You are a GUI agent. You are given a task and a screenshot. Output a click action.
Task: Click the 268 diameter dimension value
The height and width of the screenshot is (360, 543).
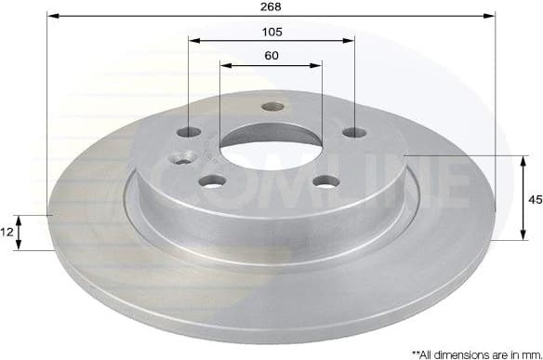pyautogui.click(x=271, y=7)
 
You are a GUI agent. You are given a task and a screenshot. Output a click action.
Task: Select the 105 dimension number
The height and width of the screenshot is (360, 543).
pyautogui.click(x=271, y=31)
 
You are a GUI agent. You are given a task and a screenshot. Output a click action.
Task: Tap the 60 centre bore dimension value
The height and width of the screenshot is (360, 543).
pyautogui.click(x=271, y=55)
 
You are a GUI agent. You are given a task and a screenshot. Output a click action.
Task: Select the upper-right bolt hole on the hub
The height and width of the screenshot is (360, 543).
pyautogui.click(x=352, y=133)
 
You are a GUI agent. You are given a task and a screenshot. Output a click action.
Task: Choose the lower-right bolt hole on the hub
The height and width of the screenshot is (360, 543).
pyautogui.click(x=326, y=181)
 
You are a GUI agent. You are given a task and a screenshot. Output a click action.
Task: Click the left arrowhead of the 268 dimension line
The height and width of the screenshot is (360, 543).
pyautogui.click(x=51, y=16)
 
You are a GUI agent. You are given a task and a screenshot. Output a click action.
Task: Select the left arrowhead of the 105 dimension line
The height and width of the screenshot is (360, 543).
pyautogui.click(x=193, y=40)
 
